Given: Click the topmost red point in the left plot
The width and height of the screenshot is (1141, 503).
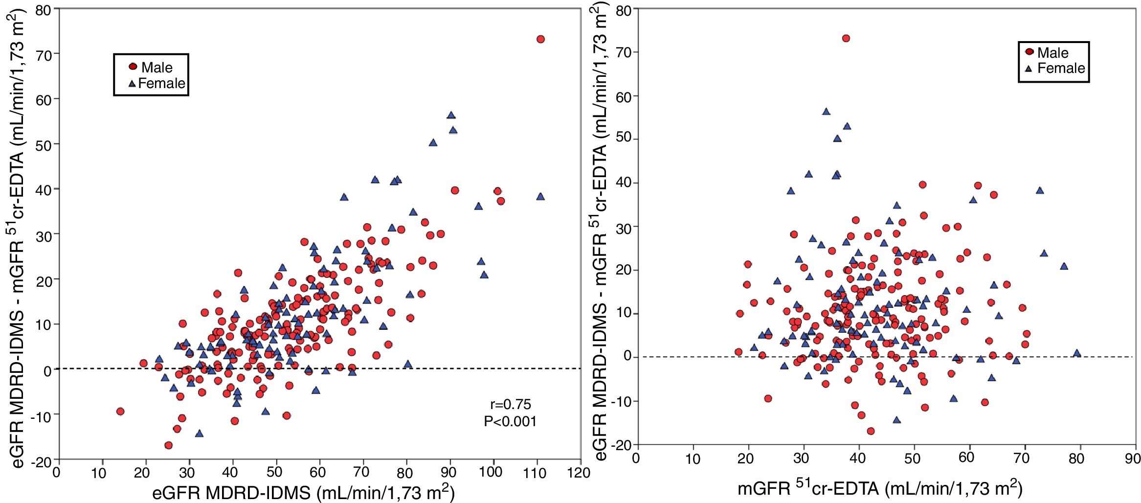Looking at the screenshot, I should point(540,39).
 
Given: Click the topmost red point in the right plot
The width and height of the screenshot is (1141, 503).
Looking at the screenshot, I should point(846,38).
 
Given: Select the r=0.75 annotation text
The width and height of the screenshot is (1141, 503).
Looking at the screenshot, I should point(510,404).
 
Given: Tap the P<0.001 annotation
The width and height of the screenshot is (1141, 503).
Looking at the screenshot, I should point(510,421).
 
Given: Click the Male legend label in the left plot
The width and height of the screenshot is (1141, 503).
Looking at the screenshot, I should point(157,68).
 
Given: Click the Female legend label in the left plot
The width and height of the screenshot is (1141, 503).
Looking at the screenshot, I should point(161,83).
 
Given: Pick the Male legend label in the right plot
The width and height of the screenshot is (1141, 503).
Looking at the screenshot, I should point(1052,53).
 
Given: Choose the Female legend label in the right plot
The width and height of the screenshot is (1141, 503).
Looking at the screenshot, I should point(1061,68).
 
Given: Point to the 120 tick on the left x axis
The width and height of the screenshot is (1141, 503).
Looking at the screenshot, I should point(581,472).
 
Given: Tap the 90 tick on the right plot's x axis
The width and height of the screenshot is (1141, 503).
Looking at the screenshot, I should point(1133,459).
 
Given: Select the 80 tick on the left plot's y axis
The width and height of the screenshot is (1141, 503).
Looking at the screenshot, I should point(44,10).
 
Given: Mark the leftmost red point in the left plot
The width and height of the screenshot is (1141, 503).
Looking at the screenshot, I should point(120,412).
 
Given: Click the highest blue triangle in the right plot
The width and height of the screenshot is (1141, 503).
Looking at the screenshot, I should point(826,112).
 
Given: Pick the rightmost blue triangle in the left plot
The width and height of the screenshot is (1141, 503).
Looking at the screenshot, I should point(540,196).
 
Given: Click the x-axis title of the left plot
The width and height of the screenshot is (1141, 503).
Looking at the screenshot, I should point(303,492).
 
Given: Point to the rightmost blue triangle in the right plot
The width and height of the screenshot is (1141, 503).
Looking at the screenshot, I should point(1076,353).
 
